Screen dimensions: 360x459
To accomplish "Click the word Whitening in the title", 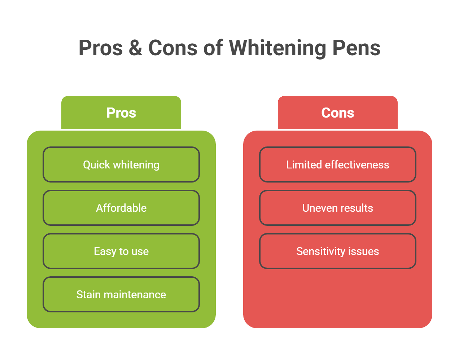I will pyautogui.click(x=277, y=48).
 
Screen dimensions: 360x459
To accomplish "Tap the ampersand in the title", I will pyautogui.click(x=135, y=48).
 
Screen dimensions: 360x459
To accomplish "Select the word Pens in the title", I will pyautogui.click(x=356, y=48).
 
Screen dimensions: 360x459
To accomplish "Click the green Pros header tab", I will pyautogui.click(x=121, y=113).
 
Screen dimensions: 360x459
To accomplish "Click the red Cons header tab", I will pyautogui.click(x=338, y=113).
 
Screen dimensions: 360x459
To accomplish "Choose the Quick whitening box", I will pyautogui.click(x=121, y=164).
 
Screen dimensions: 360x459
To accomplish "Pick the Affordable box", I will pyautogui.click(x=121, y=208).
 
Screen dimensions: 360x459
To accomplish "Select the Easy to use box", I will pyautogui.click(x=121, y=251).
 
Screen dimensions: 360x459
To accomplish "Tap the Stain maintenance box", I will pyautogui.click(x=121, y=294).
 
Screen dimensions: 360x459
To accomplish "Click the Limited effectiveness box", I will pyautogui.click(x=338, y=164).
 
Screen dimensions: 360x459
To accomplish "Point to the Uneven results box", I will pyautogui.click(x=338, y=208).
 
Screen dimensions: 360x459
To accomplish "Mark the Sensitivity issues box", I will pyautogui.click(x=338, y=251).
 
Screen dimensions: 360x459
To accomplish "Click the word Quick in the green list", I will pyautogui.click(x=96, y=165).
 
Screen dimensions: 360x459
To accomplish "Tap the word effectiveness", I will pyautogui.click(x=357, y=165).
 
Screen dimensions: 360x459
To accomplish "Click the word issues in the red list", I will pyautogui.click(x=364, y=251).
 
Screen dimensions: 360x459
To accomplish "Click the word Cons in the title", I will pyautogui.click(x=173, y=48).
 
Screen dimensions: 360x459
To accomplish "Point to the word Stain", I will pyautogui.click(x=88, y=295).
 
